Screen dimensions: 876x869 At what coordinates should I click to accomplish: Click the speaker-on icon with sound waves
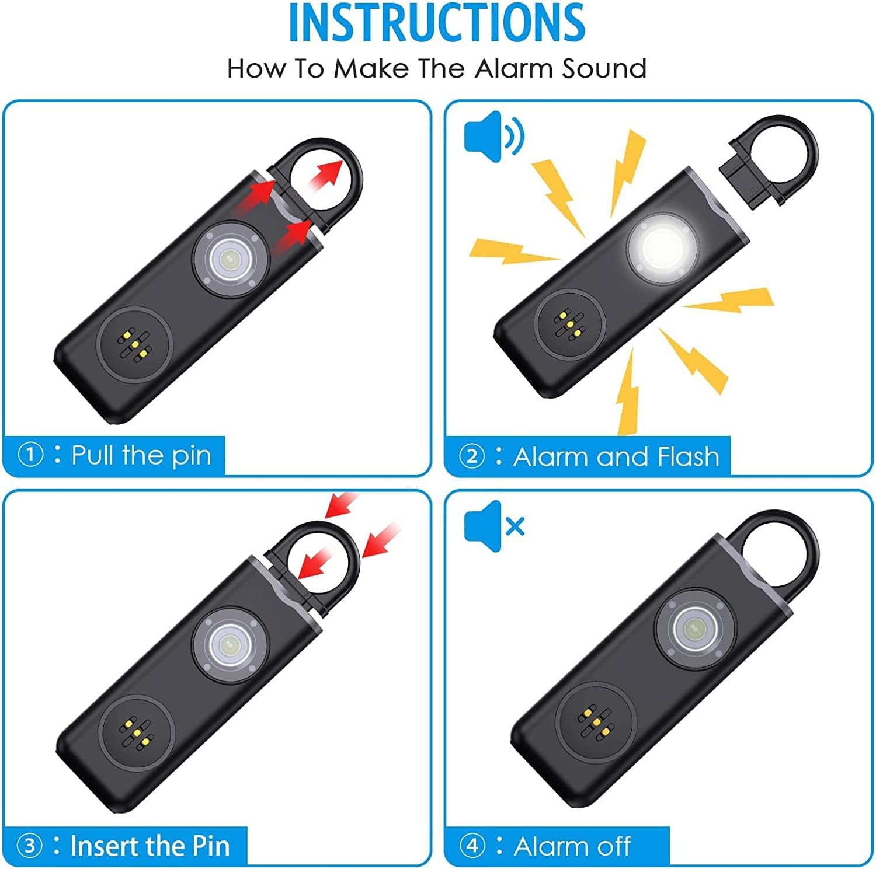(494, 136)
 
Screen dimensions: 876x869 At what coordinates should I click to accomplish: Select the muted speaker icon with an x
(494, 526)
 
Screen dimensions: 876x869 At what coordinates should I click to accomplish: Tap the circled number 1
(31, 455)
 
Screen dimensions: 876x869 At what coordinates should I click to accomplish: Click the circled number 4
(472, 846)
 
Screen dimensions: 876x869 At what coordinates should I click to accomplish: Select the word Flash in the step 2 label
(688, 456)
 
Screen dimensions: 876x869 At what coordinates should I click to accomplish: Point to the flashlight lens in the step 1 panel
(231, 258)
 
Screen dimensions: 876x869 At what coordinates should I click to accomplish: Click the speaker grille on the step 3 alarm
(135, 732)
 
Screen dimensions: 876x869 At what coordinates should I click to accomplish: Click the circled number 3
(30, 846)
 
